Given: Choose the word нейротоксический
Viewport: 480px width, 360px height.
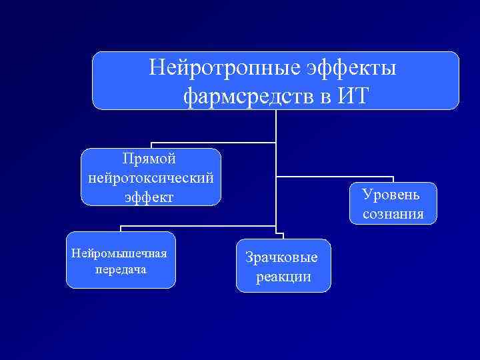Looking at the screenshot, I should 150,178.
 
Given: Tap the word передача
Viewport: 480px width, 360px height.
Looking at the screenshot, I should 119,270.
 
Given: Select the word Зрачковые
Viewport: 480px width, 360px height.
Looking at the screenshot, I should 282,257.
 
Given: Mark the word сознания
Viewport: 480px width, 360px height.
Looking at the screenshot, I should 393,214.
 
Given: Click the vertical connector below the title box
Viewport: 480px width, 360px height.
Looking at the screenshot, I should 275,127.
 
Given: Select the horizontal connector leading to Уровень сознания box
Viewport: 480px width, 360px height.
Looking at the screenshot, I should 333,177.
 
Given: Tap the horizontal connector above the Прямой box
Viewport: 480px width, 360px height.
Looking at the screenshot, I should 213,143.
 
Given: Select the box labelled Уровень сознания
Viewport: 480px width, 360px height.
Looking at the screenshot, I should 393,204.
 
